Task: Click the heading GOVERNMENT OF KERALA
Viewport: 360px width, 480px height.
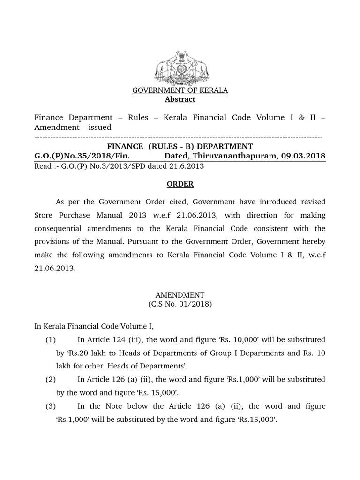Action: [x=180, y=90]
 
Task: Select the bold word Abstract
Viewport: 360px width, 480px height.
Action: [x=180, y=99]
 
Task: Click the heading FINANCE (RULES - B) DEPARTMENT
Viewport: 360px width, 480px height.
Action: [x=180, y=146]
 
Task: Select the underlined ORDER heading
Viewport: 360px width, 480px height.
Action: [x=180, y=184]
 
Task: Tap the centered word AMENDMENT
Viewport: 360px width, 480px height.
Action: [x=180, y=295]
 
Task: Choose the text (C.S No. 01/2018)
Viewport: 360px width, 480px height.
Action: [x=180, y=304]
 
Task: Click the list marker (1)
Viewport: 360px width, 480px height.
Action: [x=51, y=339]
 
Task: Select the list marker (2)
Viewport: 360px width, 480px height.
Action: [x=51, y=379]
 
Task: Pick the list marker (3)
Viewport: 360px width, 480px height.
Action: [x=51, y=406]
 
